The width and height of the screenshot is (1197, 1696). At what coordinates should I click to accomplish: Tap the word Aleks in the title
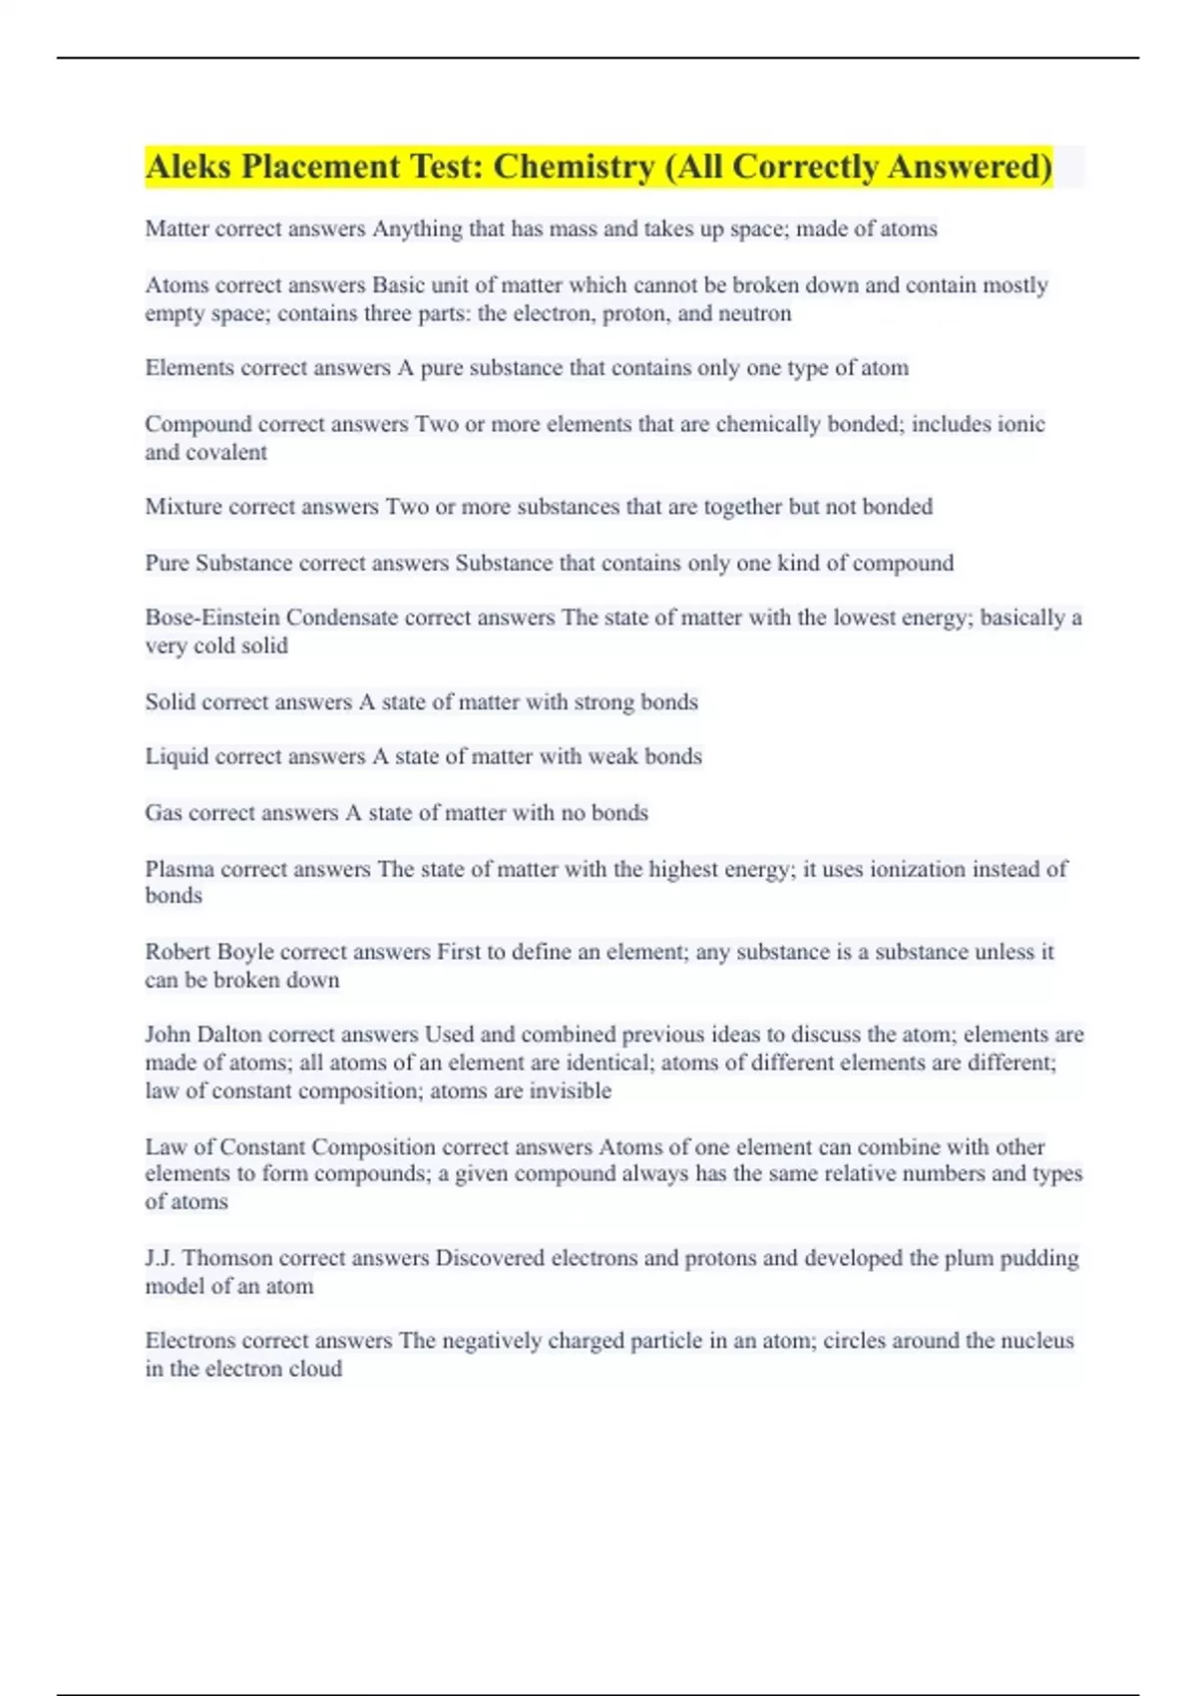click(x=189, y=167)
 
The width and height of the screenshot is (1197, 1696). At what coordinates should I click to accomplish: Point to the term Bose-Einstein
click(x=212, y=618)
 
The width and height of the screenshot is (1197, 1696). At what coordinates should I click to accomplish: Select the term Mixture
click(x=184, y=507)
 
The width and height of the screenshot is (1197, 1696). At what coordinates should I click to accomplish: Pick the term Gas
click(x=164, y=813)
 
